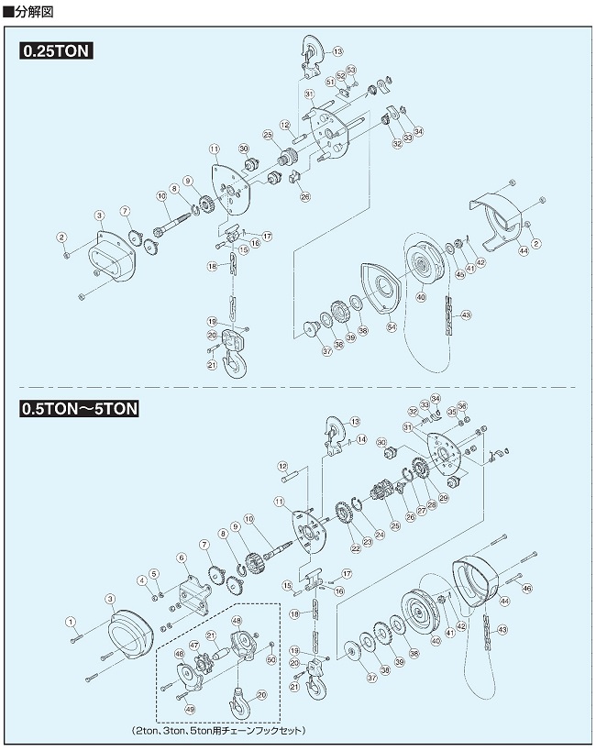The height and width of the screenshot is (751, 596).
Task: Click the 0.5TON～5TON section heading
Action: [79, 409]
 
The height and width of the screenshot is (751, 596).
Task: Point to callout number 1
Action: [71, 623]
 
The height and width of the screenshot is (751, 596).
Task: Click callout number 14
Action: [361, 439]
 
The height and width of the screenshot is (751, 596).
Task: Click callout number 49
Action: [190, 708]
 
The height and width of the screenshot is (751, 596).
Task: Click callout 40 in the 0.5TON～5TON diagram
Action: [436, 642]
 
